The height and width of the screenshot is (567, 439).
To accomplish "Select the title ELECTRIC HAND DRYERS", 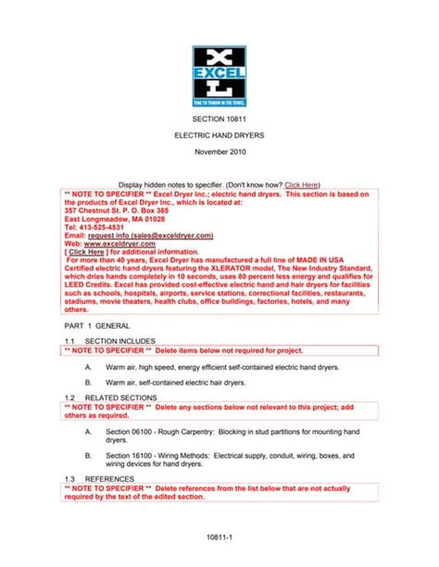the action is (219, 135).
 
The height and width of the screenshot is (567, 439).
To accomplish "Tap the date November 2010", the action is (219, 150).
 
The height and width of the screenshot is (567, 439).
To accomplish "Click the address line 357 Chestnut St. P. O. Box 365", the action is (116, 210).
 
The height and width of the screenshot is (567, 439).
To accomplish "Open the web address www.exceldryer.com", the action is (117, 244).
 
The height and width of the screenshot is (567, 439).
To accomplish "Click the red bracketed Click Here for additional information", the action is (86, 252).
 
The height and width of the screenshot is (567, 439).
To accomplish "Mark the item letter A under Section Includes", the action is (87, 366).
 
